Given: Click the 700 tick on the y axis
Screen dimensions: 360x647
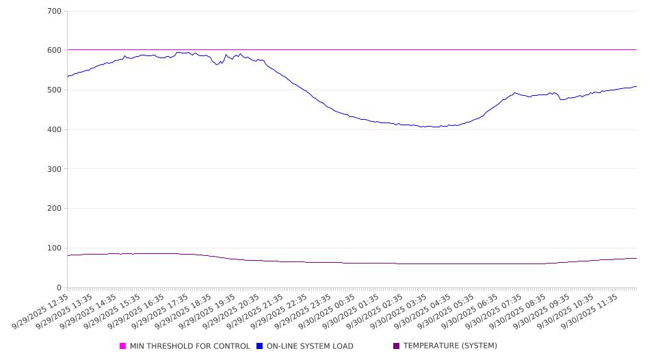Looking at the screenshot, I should click(x=55, y=12).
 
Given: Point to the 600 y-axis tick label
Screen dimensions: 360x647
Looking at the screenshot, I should click(x=55, y=51).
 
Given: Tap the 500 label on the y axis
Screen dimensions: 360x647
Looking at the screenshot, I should click(x=55, y=90).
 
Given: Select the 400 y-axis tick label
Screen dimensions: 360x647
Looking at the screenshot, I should click(x=55, y=130).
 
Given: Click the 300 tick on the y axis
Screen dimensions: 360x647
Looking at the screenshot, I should click(x=55, y=169).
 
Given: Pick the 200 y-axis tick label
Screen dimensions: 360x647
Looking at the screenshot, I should click(x=55, y=209).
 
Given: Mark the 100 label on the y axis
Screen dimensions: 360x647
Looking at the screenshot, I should click(x=55, y=248).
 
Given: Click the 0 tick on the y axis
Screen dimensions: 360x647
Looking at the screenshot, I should click(x=59, y=288).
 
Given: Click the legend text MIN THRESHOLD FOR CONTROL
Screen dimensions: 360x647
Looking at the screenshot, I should click(x=189, y=346).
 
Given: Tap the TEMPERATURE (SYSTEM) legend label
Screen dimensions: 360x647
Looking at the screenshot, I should click(x=450, y=346).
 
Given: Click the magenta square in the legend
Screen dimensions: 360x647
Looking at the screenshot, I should click(x=123, y=346).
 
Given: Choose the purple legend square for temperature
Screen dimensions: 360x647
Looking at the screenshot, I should click(x=397, y=346).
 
